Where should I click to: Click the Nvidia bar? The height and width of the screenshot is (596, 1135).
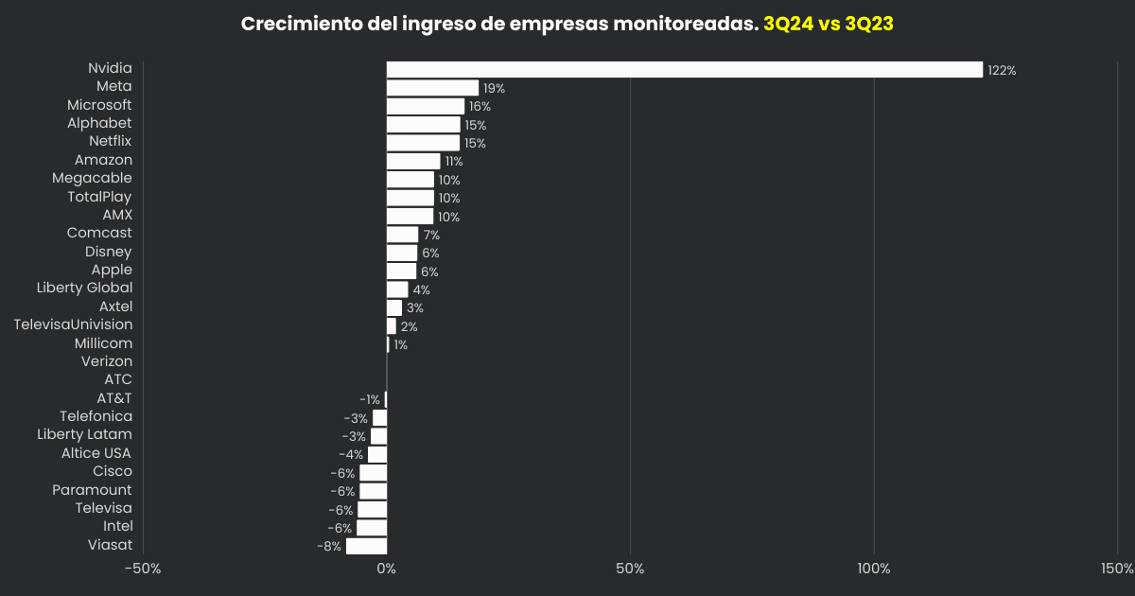tap(684, 69)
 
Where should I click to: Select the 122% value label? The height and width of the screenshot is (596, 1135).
tap(1002, 70)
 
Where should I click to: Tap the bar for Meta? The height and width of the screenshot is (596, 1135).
tap(432, 87)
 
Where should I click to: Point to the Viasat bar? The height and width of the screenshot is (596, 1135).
tap(366, 546)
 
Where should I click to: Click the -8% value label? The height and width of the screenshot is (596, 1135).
tap(329, 546)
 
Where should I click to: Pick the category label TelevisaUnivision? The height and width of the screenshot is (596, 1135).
tap(73, 324)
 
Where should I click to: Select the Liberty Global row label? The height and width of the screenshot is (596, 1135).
tap(84, 288)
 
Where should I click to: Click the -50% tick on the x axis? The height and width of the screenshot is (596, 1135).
tap(143, 569)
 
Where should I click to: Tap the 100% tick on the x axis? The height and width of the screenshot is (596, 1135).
tap(874, 569)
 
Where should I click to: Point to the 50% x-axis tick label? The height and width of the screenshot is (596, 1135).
tap(630, 569)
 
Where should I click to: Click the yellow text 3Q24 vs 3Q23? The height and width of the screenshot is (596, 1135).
tap(829, 24)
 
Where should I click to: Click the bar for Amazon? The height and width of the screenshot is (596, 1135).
tap(413, 161)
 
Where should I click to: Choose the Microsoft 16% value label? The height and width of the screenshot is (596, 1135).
tap(480, 107)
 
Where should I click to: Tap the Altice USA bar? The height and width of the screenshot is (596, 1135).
tap(377, 454)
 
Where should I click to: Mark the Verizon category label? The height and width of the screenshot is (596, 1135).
tap(106, 361)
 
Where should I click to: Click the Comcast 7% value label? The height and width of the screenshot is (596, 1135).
tap(431, 235)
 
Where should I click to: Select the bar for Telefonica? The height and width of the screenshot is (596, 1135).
tap(379, 417)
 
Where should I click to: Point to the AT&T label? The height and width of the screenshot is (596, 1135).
tap(114, 398)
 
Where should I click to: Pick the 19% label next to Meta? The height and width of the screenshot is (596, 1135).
tap(494, 88)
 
